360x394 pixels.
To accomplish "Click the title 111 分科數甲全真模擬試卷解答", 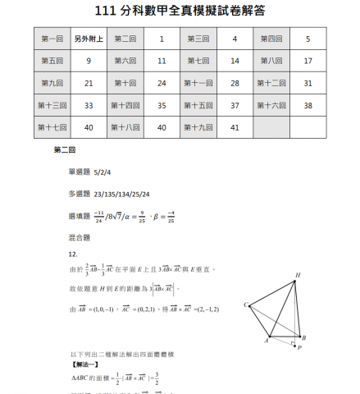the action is (x=180, y=11).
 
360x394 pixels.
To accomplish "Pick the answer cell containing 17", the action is (x=308, y=61).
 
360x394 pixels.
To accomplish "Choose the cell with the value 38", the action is (x=308, y=105).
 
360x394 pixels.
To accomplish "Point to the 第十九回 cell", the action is (x=199, y=127).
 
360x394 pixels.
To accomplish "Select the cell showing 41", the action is (x=235, y=127).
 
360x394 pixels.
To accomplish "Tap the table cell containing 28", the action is (x=235, y=83).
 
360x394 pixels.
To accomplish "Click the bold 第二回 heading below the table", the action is (x=64, y=151).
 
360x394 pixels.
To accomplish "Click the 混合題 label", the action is (x=79, y=238).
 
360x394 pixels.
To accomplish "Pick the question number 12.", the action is (x=73, y=254).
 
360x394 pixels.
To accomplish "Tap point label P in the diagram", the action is (x=298, y=347).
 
